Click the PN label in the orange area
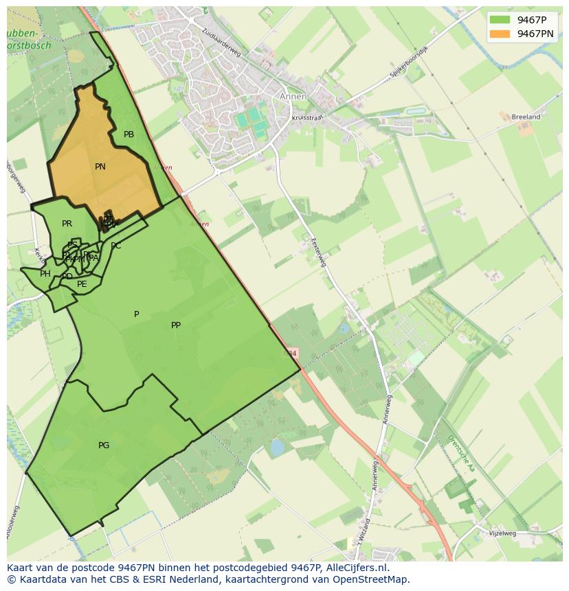coord(100,167)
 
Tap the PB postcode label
coord(129,135)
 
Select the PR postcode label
coord(67,224)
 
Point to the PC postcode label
coord(115,246)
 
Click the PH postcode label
coord(45,274)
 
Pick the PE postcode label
coord(82,284)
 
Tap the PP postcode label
coord(176,325)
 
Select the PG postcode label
coord(104,445)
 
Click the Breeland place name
coord(526,117)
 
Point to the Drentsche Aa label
coord(461,453)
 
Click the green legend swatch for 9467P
coord(500,19)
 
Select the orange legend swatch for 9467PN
coord(500,34)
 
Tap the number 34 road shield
coord(291,354)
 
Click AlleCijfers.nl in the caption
coord(357,568)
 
